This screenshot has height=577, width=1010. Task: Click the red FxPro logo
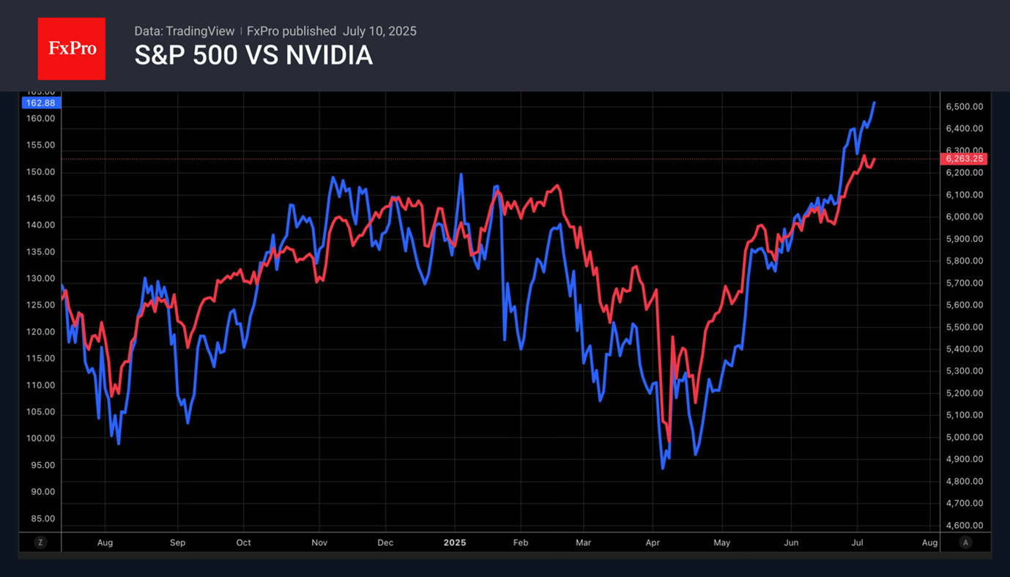[72, 49]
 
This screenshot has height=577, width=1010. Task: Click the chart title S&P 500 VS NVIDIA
[253, 56]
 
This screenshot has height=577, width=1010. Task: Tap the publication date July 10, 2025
[379, 31]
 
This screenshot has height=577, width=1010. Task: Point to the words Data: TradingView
[185, 31]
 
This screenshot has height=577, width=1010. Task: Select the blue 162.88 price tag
[40, 103]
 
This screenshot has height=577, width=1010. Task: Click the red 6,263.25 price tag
[965, 159]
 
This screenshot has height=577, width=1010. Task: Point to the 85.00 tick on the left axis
[40, 518]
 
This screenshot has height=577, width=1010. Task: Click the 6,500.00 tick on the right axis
[964, 107]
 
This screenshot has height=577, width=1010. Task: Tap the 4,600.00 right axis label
[964, 525]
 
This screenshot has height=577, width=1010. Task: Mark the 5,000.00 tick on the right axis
[964, 437]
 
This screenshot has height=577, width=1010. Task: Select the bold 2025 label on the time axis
[455, 543]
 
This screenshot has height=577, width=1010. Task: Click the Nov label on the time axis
[319, 543]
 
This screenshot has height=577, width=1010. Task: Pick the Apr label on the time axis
[653, 543]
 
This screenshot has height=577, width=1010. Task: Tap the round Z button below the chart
[40, 543]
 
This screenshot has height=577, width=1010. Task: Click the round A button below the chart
[965, 543]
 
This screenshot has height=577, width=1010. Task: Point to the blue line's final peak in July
[874, 103]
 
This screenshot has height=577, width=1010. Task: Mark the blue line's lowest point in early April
[663, 468]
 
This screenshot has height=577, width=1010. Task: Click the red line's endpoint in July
[874, 159]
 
